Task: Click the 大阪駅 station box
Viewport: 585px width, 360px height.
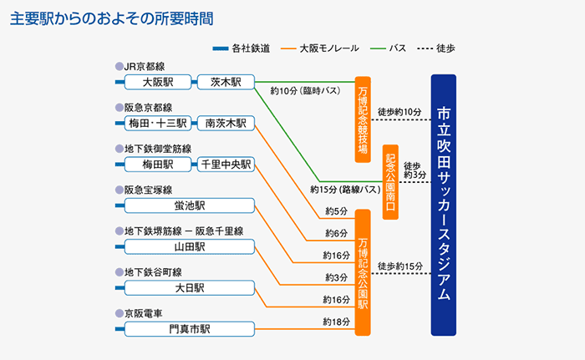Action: click(157, 82)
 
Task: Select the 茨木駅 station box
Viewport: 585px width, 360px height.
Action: click(226, 82)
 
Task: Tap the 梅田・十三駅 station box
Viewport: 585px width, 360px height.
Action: click(157, 123)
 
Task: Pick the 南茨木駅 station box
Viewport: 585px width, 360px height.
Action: click(226, 123)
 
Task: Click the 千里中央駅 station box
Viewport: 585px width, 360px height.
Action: click(226, 165)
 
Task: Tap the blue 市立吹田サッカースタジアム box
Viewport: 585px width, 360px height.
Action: click(444, 204)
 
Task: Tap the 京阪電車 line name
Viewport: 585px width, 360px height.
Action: click(144, 313)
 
